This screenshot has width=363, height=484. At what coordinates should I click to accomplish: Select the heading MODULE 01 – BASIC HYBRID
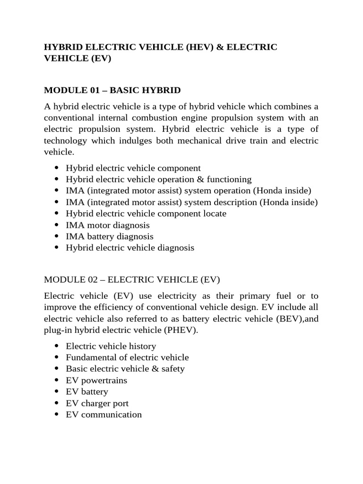112,90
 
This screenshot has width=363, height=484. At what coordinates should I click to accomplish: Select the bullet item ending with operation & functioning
159,180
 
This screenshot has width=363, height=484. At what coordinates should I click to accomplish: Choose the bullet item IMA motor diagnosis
108,225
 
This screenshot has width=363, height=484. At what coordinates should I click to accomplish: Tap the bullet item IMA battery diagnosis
110,236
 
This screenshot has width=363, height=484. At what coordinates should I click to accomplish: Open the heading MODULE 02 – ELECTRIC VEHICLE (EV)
132,279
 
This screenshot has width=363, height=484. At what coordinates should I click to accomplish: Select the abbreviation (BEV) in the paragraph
292,319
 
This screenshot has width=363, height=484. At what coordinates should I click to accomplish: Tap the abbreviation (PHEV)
180,330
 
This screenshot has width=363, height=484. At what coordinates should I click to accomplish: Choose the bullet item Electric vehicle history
107,346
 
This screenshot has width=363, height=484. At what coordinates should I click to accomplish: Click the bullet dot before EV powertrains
57,380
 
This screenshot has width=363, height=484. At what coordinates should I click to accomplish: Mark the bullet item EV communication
104,415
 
